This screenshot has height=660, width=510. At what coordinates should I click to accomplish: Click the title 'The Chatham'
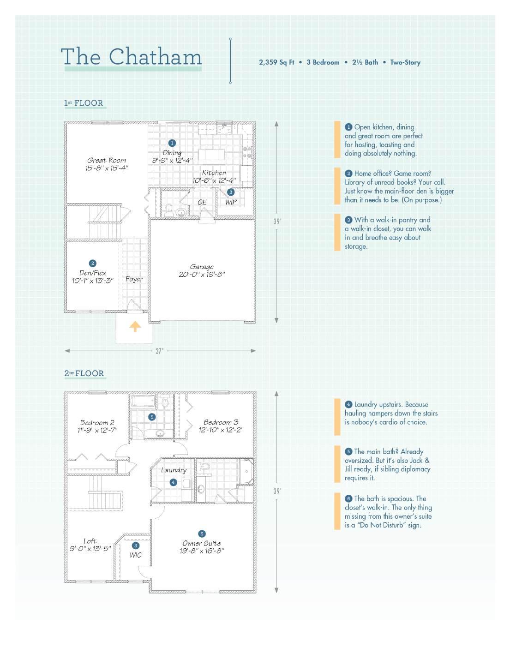pos(132,57)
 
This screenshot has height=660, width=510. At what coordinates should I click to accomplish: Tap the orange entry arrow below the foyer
pos(135,327)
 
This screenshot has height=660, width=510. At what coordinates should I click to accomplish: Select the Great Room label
pos(107,161)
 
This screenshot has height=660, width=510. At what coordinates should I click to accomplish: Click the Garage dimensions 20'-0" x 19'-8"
pos(202,275)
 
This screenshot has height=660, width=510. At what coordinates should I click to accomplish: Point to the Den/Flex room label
pos(93,273)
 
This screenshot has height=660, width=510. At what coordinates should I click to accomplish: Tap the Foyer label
pos(134,279)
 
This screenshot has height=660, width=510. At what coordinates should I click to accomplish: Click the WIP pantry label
pos(231,202)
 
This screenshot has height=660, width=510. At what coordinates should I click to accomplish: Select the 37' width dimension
pos(159,351)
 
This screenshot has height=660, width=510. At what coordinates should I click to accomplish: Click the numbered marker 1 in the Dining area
pos(172,143)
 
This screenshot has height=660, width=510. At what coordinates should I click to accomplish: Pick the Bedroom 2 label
pos(97,422)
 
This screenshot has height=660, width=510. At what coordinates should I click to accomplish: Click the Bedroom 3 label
pos(221,422)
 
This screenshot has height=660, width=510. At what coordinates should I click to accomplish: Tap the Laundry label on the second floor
pos(174,470)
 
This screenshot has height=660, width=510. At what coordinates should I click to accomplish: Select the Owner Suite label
pos(202,543)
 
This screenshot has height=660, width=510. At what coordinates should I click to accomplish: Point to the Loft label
pos(90,541)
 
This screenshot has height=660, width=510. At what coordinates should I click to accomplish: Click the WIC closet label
pos(135,555)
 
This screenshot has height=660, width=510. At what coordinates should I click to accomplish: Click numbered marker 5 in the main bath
pos(152,417)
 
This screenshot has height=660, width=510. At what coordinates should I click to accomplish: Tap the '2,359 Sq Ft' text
pos(276,62)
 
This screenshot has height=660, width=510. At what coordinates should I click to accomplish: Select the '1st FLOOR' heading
pos(84,103)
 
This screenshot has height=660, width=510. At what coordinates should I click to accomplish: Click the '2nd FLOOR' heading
pos(84,373)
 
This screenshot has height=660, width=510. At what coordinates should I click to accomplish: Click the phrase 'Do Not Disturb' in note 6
pos(382,525)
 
